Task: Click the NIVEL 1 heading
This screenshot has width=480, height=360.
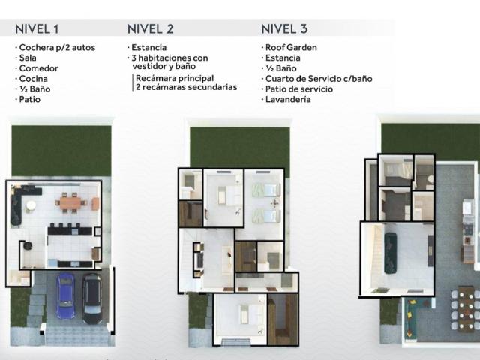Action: (x=37, y=29)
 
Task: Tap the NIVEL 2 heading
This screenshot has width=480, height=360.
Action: (x=150, y=29)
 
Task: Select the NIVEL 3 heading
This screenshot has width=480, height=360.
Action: (x=284, y=29)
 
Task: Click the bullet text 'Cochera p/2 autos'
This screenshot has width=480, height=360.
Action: (x=57, y=48)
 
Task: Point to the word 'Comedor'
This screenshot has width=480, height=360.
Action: (x=38, y=68)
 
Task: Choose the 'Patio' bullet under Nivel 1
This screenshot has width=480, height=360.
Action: (x=30, y=99)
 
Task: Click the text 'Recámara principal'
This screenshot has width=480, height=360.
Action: (x=175, y=78)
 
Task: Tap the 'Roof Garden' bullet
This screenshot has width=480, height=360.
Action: (x=291, y=47)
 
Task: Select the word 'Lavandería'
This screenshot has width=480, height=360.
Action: (x=288, y=99)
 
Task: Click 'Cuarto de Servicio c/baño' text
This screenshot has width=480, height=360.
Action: (x=319, y=79)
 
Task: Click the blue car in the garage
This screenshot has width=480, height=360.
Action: (x=65, y=295)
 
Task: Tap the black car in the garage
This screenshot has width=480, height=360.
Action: (x=92, y=298)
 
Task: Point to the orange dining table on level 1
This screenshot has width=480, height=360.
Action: (x=70, y=203)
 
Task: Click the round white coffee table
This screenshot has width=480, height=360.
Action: (x=31, y=205)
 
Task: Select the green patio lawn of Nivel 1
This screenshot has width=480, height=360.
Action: (x=61, y=151)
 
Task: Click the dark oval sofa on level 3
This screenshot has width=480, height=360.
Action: (x=391, y=253)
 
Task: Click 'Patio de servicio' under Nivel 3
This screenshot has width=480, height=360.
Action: (x=299, y=89)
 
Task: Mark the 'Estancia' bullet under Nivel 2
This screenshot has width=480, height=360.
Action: (x=148, y=47)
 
